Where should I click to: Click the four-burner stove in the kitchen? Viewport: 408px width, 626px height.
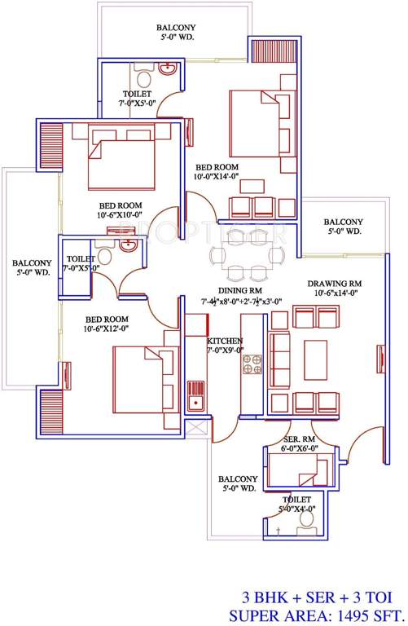pos(249,364)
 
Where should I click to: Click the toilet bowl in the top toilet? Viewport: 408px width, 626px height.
pos(143,77)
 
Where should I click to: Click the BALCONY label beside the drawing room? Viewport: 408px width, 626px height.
pos(342,223)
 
